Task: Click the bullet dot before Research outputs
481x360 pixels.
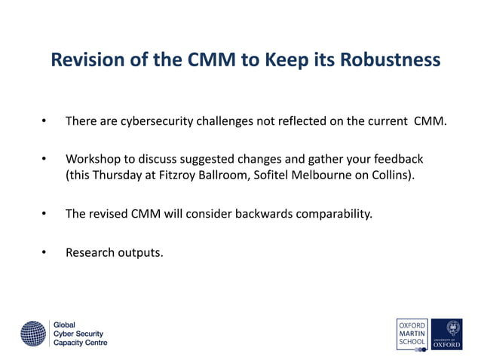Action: click(44, 252)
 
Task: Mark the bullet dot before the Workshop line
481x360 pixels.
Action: click(44, 160)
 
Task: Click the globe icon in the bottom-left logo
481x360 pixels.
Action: click(33, 332)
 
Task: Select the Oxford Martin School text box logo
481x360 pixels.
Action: click(412, 332)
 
